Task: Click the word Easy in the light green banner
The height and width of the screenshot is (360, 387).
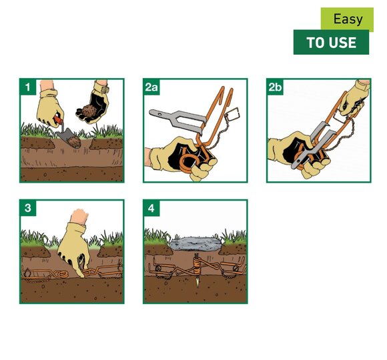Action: (x=348, y=19)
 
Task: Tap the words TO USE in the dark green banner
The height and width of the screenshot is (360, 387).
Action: (x=331, y=43)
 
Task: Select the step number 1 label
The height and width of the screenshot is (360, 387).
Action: (x=27, y=87)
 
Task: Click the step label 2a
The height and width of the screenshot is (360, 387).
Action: (x=151, y=87)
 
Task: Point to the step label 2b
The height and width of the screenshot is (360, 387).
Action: (x=275, y=87)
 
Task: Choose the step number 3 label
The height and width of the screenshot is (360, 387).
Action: (x=27, y=208)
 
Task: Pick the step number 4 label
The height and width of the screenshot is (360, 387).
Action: (x=151, y=208)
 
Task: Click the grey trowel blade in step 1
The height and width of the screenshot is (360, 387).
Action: (x=69, y=138)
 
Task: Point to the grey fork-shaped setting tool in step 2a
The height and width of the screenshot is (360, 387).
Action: (x=178, y=121)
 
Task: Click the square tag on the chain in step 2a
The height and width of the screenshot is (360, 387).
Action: (x=232, y=115)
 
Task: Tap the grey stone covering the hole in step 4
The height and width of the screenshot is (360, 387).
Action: (x=196, y=243)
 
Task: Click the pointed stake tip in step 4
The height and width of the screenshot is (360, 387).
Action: (x=197, y=283)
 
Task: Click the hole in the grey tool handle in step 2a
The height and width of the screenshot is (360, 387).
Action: (x=159, y=114)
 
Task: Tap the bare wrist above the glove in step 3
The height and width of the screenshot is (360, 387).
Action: (x=79, y=216)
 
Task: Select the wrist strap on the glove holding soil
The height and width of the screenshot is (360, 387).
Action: (x=101, y=87)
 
